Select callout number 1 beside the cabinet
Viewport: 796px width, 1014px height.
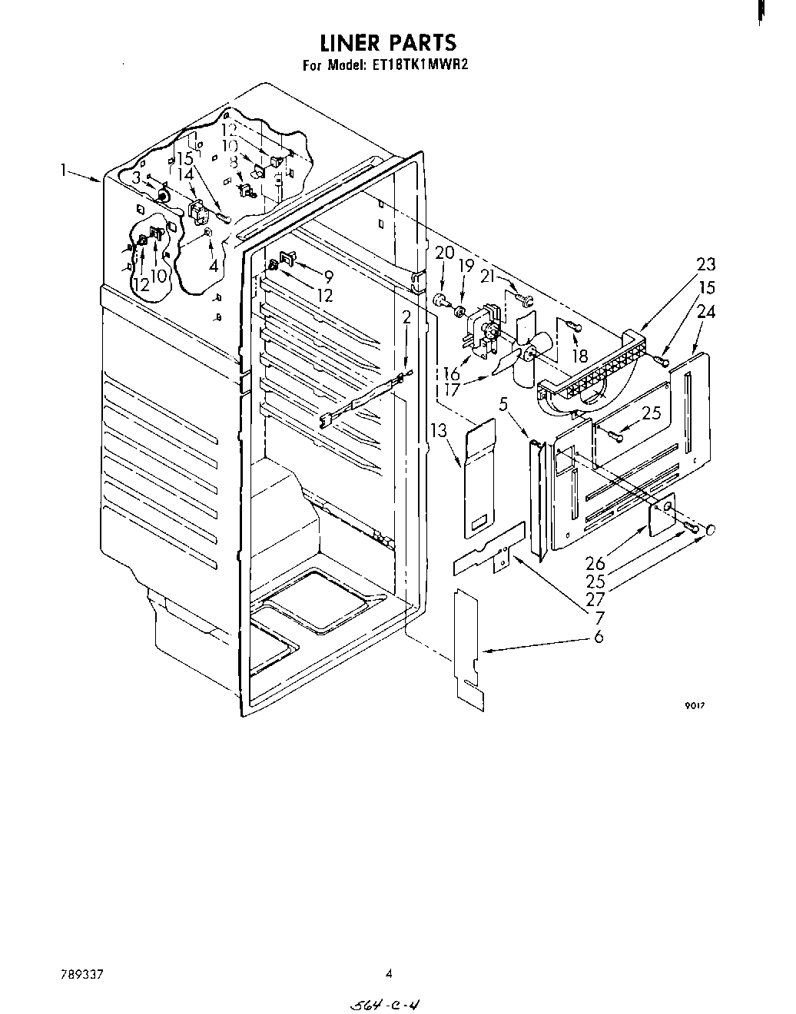click(66, 171)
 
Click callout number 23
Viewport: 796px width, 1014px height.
click(706, 264)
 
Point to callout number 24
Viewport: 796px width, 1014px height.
click(706, 312)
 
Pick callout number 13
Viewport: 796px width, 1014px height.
click(439, 431)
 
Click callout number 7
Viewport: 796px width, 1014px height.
click(599, 617)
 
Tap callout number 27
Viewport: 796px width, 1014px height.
click(595, 598)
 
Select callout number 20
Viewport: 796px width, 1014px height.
click(445, 253)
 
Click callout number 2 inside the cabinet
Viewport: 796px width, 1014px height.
click(406, 316)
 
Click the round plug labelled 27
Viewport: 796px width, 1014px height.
click(711, 530)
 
